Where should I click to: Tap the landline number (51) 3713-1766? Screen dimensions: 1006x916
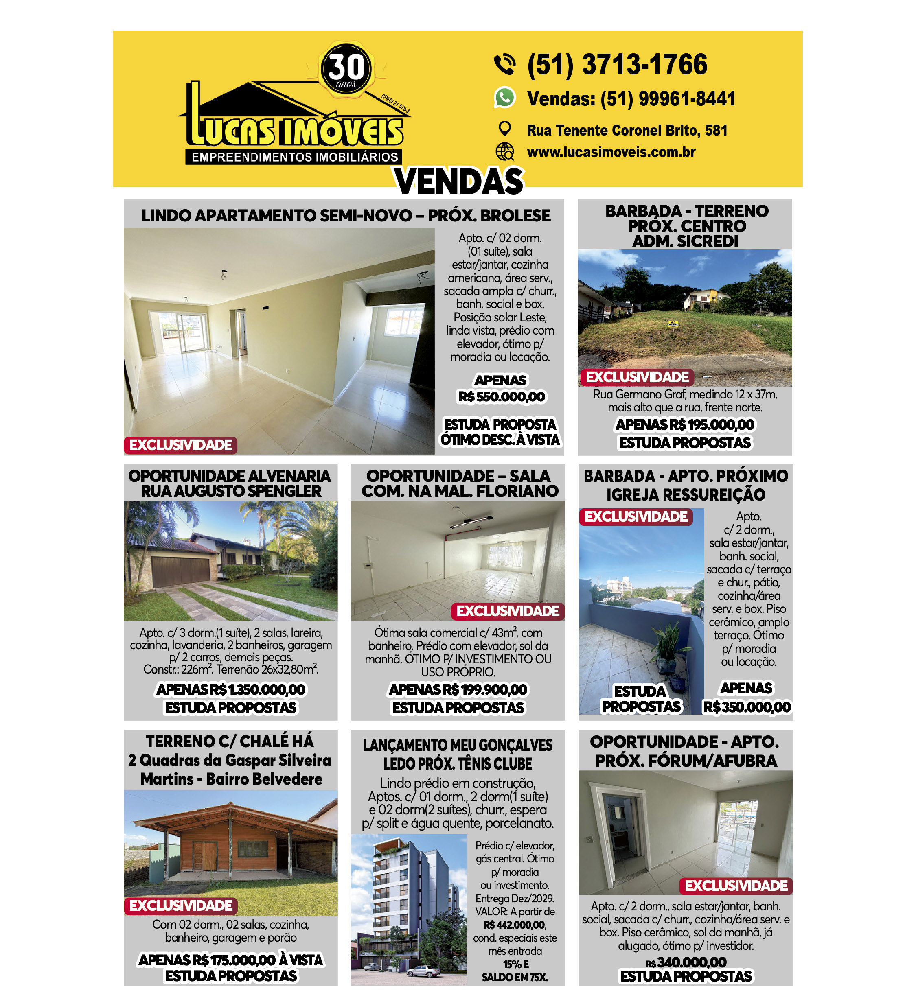[x=617, y=65]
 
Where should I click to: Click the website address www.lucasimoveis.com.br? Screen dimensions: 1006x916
[x=611, y=152]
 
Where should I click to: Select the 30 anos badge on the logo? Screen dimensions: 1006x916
[x=346, y=68]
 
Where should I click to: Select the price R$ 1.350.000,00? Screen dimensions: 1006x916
[x=256, y=690]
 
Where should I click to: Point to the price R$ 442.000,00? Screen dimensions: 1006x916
[x=514, y=925]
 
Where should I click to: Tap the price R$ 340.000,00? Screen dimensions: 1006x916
[x=691, y=962]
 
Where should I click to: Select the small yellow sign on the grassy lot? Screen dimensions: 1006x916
[x=673, y=325]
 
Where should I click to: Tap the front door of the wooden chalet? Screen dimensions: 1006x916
[x=205, y=855]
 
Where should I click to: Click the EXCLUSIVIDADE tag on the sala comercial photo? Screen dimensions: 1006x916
[x=508, y=611]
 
